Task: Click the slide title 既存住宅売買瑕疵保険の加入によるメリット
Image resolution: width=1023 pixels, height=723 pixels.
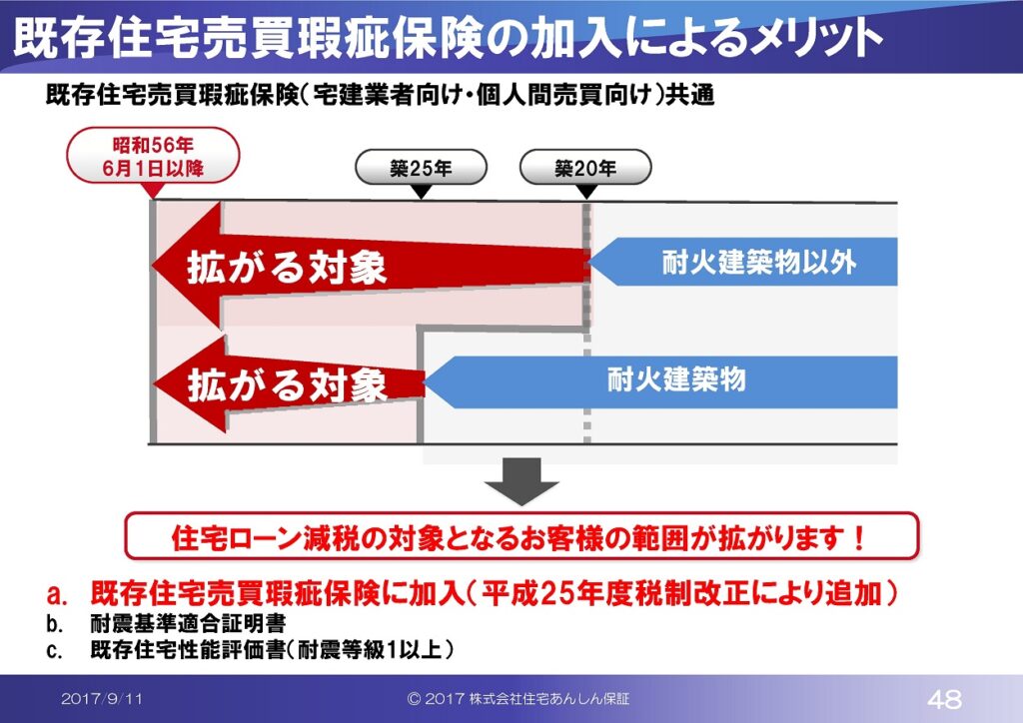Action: (x=448, y=38)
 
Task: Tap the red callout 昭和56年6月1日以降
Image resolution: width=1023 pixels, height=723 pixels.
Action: (x=153, y=156)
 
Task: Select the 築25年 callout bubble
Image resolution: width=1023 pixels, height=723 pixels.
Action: (x=421, y=168)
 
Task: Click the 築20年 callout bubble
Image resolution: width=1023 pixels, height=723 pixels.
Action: (x=585, y=168)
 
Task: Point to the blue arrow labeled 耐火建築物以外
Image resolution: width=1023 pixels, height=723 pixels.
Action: (x=742, y=262)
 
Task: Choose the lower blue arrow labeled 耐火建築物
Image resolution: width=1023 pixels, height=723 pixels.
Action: (x=661, y=381)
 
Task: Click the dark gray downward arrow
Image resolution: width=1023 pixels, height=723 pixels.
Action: (x=521, y=481)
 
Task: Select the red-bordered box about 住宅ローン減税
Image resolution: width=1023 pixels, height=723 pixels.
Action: (x=521, y=536)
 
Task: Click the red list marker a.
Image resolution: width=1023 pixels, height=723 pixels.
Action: (x=57, y=594)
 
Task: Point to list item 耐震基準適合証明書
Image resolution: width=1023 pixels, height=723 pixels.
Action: (x=188, y=624)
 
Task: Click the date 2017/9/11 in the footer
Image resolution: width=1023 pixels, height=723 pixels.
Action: (x=102, y=699)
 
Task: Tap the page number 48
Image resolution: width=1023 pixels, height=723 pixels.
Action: (x=944, y=699)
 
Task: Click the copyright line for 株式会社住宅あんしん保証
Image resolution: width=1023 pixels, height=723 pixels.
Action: (x=518, y=699)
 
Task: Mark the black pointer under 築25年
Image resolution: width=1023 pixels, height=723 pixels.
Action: (x=422, y=193)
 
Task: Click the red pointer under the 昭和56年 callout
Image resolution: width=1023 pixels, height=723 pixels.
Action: (x=153, y=191)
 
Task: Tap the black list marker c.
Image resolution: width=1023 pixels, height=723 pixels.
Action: (x=55, y=651)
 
